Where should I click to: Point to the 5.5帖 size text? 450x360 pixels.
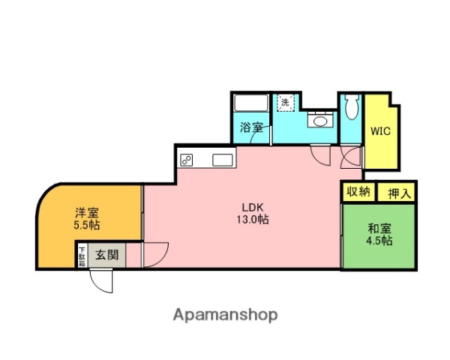pyautogui.click(x=87, y=224)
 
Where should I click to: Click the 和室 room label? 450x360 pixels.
pyautogui.click(x=379, y=228)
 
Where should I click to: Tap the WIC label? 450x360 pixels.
pyautogui.click(x=380, y=130)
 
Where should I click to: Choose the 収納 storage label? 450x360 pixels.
pyautogui.click(x=358, y=191)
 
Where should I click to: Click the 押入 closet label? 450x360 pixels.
pyautogui.click(x=398, y=192)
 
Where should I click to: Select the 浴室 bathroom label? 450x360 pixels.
pyautogui.click(x=251, y=128)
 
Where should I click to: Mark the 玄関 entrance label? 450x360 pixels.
pyautogui.click(x=106, y=255)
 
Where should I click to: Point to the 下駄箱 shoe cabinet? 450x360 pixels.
pyautogui.click(x=82, y=256)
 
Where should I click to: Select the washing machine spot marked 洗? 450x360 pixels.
pyautogui.click(x=286, y=102)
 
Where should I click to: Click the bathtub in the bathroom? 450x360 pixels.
pyautogui.click(x=248, y=103)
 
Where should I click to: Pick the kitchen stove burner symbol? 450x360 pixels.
pyautogui.click(x=186, y=159)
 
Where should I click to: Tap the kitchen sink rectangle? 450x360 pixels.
pyautogui.click(x=223, y=159)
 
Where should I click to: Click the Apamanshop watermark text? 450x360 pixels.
pyautogui.click(x=225, y=315)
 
